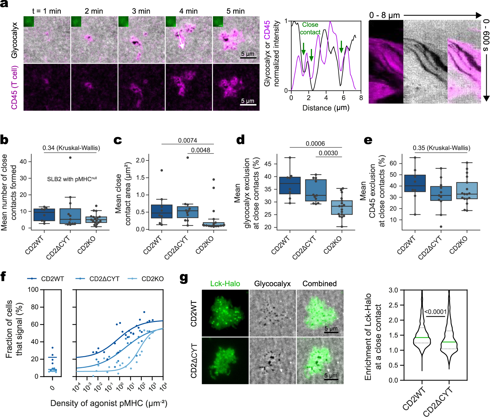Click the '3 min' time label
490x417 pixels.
coord(141,11)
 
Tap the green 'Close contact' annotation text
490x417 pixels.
coord(310,28)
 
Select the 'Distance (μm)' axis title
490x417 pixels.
coord(326,108)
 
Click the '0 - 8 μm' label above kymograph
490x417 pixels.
coord(384,15)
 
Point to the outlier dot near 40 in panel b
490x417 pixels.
coord(70,157)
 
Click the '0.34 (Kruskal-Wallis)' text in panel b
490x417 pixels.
coord(71,148)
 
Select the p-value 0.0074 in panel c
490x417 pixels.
coord(187,140)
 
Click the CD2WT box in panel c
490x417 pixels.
coord(162,211)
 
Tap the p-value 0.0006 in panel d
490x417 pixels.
coord(315,144)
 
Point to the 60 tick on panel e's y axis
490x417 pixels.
coord(393,163)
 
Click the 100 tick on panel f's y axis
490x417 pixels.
coord(33,289)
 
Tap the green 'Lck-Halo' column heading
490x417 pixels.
coord(225,284)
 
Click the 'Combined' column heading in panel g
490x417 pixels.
coord(319,284)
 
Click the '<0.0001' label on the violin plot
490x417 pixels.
coord(435,312)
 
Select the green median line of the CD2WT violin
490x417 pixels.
coord(422,338)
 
